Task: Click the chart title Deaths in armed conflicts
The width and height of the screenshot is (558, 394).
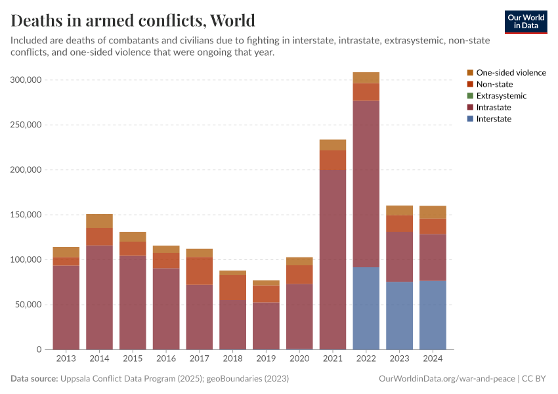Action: pyautogui.click(x=133, y=20)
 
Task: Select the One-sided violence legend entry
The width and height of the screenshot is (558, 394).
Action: pyautogui.click(x=510, y=72)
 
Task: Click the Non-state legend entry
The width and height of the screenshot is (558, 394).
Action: pyautogui.click(x=494, y=84)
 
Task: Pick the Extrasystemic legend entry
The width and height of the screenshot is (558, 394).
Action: pyautogui.click(x=501, y=96)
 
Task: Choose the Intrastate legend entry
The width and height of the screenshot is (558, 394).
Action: pyautogui.click(x=493, y=107)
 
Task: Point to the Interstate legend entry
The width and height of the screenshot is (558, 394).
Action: pyautogui.click(x=493, y=119)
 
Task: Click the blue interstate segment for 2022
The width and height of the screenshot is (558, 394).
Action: pyautogui.click(x=366, y=308)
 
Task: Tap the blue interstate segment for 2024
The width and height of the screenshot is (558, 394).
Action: pyautogui.click(x=433, y=315)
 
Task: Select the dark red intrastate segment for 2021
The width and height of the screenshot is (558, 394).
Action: pyautogui.click(x=332, y=259)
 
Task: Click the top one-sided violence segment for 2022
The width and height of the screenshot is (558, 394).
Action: pyautogui.click(x=366, y=77)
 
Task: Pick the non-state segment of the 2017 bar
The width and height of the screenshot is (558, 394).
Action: pyautogui.click(x=199, y=271)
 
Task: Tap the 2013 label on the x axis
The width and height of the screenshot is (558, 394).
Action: pyautogui.click(x=66, y=359)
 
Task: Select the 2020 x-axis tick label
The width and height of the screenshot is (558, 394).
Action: pyautogui.click(x=299, y=359)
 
